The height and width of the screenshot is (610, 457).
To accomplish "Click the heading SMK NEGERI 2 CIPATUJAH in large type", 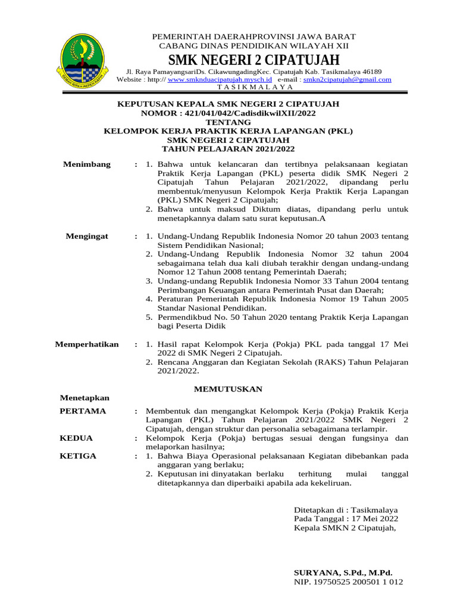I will [254, 60].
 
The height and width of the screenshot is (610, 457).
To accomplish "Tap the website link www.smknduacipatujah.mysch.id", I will [220, 79].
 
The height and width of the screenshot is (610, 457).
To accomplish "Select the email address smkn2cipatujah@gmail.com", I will [348, 79].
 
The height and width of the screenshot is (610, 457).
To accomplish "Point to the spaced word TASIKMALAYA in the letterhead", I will [255, 87].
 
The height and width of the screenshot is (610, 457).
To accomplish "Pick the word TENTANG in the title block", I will [228, 122].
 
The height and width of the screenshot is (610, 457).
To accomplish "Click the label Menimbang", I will [87, 164].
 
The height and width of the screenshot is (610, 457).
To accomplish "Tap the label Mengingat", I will [87, 236].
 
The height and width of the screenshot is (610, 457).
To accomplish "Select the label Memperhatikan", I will [87, 344].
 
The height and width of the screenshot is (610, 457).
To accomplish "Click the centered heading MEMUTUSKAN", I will [228, 389].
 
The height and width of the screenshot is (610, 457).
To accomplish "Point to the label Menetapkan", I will [84, 398].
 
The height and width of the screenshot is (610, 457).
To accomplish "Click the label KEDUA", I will [76, 438].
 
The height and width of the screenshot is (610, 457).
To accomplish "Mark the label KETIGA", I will [78, 456].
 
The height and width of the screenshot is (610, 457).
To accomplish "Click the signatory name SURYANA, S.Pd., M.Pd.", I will [343, 572].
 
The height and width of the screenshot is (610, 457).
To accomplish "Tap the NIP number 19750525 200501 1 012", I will [349, 581].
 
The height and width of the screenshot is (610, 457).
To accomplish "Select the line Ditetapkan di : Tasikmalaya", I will [346, 511].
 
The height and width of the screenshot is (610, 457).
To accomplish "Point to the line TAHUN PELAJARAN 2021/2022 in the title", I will [228, 148].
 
